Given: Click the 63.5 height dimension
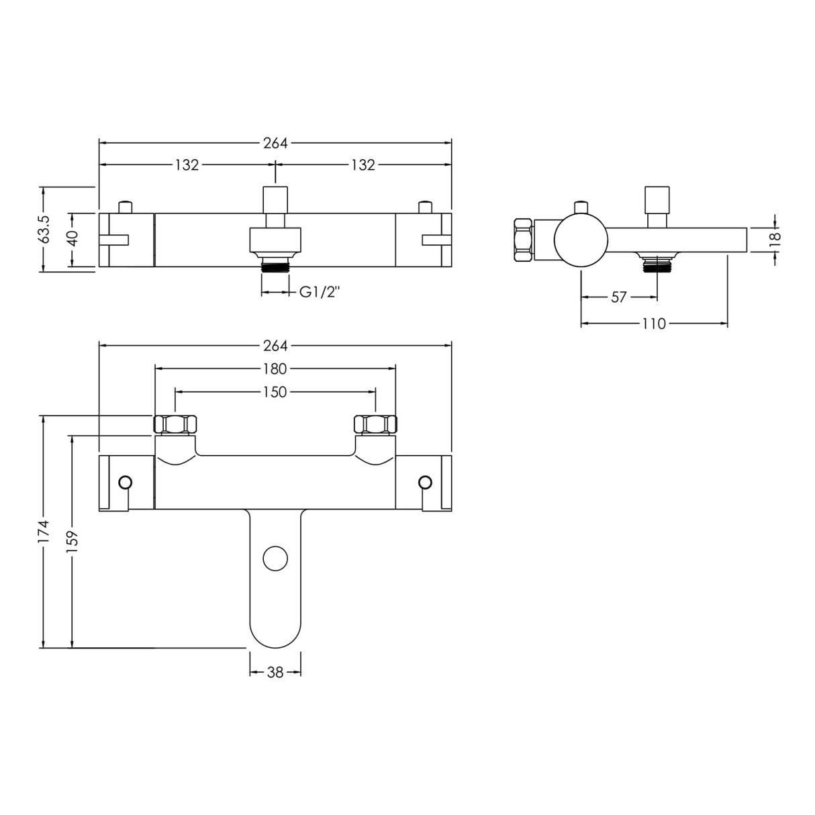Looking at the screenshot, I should [44, 228].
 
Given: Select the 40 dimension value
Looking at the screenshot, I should [73, 239].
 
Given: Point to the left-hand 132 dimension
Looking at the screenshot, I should [187, 165].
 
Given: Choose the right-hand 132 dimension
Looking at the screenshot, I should [363, 165].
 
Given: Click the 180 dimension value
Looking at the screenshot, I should [275, 369].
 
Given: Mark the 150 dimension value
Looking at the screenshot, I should [275, 391].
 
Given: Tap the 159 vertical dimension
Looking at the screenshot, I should [73, 540].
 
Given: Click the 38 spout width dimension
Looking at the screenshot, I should [275, 672].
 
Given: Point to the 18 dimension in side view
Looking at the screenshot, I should [775, 237].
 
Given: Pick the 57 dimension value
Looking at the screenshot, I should [618, 297].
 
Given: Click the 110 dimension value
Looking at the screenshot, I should [653, 324].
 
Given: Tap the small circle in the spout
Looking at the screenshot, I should [275, 559].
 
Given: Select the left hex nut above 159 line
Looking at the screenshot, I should [176, 424].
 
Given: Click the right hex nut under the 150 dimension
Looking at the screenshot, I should [375, 424].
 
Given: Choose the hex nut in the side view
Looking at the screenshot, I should [522, 240].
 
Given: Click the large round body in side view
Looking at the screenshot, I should [581, 240].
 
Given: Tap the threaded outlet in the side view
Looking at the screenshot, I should [657, 266].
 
